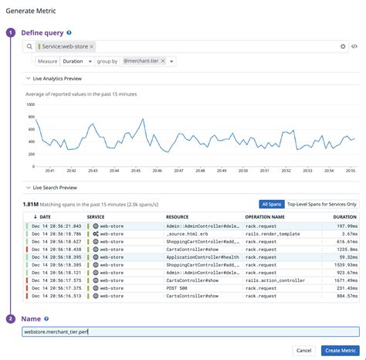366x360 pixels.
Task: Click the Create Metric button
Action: pyautogui.click(x=340, y=350)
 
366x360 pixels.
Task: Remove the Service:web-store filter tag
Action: pyautogui.click(x=91, y=47)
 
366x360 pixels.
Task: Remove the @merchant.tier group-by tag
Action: pyautogui.click(x=163, y=61)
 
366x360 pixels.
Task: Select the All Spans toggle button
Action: pyautogui.click(x=270, y=204)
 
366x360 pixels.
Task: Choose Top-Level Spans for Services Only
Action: pyautogui.click(x=322, y=204)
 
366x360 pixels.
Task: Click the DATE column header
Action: pyautogui.click(x=45, y=217)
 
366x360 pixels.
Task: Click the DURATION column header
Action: pyautogui.click(x=344, y=217)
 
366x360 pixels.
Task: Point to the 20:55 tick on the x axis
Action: pyautogui.click(x=350, y=170)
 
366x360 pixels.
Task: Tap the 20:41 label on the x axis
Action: pyautogui.click(x=49, y=170)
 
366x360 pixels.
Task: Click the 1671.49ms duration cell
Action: pyautogui.click(x=343, y=280)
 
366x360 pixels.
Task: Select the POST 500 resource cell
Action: pyautogui.click(x=178, y=287)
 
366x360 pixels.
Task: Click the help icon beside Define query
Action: pyautogui.click(x=69, y=33)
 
